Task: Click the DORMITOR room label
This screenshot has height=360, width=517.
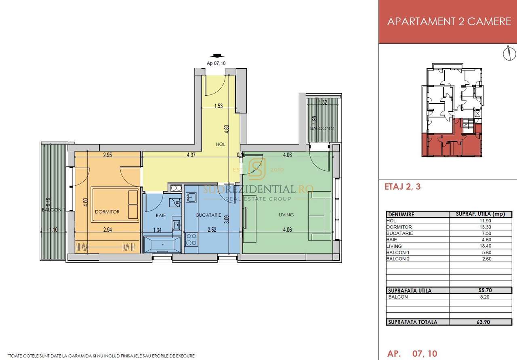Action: [107, 211]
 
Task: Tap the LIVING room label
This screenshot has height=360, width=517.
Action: [286, 215]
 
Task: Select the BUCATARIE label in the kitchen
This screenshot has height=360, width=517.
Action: [208, 215]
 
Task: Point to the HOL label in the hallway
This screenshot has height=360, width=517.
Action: [221, 144]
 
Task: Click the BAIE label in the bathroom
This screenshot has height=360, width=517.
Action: [161, 216]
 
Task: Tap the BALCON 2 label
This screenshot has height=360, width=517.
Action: [322, 128]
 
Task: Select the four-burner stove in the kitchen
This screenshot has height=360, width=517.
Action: [191, 239]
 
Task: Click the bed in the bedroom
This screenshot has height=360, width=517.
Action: [115, 204]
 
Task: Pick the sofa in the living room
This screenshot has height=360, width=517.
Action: [320, 216]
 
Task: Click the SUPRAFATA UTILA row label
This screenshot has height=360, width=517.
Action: [410, 291]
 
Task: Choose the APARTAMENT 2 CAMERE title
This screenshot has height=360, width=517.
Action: [449, 21]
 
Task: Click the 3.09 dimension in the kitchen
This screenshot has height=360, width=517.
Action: [227, 220]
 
